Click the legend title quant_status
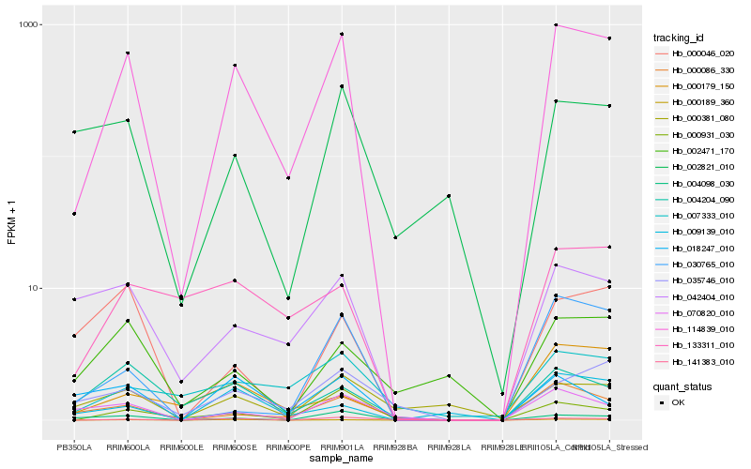pos(682,386)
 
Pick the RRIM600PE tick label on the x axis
pos(288,447)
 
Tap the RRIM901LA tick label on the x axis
pos(342,447)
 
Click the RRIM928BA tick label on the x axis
pos(395,447)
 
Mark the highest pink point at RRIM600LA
pos(127,53)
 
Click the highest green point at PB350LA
pos(73,132)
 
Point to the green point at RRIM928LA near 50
pos(449,196)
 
